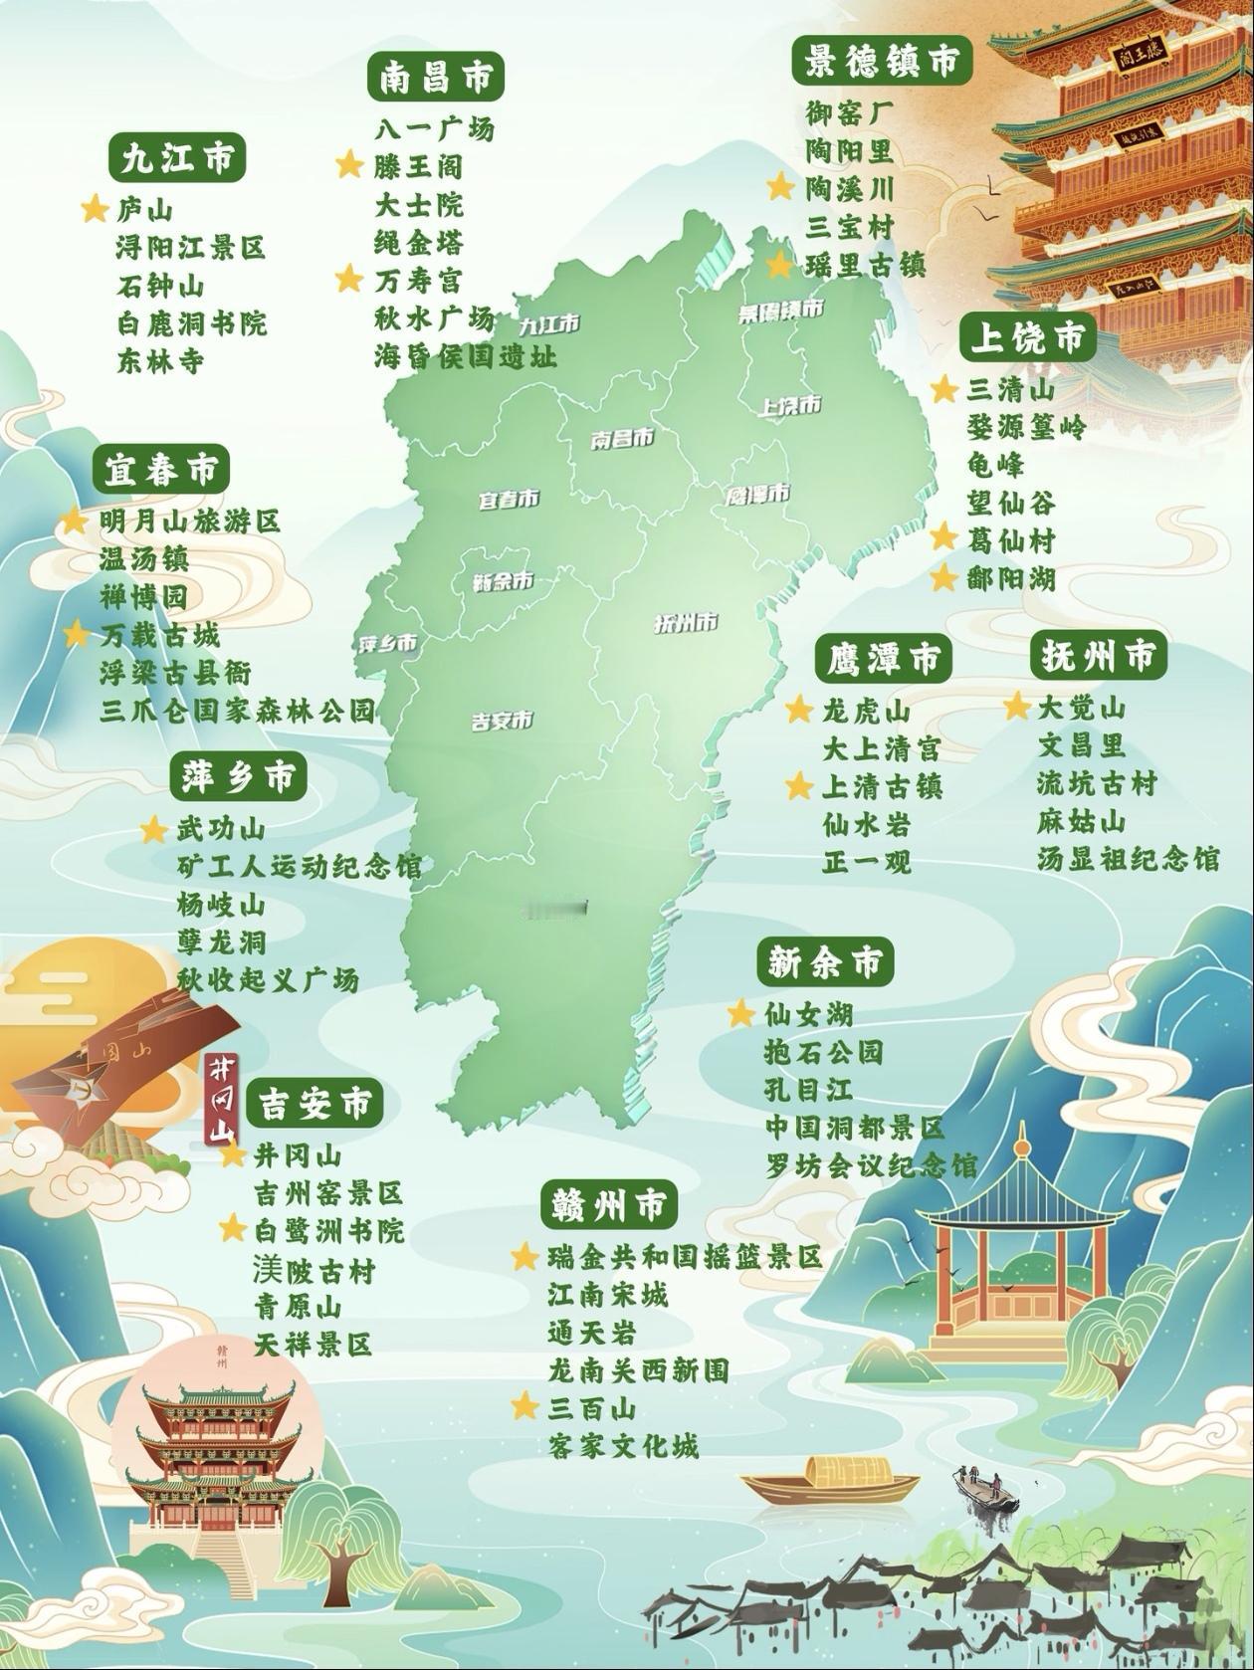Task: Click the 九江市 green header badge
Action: [x=177, y=159]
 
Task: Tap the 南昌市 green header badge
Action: [x=435, y=77]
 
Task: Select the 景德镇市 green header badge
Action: [x=882, y=62]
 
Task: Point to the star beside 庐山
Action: [x=95, y=209]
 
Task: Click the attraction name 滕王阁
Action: [x=418, y=166]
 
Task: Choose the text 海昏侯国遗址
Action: [x=466, y=356]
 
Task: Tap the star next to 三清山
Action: [x=943, y=389]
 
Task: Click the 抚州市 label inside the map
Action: [x=686, y=624]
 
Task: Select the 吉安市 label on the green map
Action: [x=502, y=721]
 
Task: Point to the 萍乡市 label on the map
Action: [x=388, y=644]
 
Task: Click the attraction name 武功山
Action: [x=221, y=829]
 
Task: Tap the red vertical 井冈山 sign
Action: [x=221, y=1100]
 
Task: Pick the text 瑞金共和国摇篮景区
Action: [x=685, y=1257]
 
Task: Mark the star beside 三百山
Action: [x=525, y=1407]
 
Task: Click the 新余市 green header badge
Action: [x=824, y=962]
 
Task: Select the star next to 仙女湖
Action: [x=740, y=1014]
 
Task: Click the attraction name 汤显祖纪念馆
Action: [x=1128, y=859]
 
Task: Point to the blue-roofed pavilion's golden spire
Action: [x=1020, y=1145]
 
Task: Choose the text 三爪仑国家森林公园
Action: [x=238, y=711]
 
